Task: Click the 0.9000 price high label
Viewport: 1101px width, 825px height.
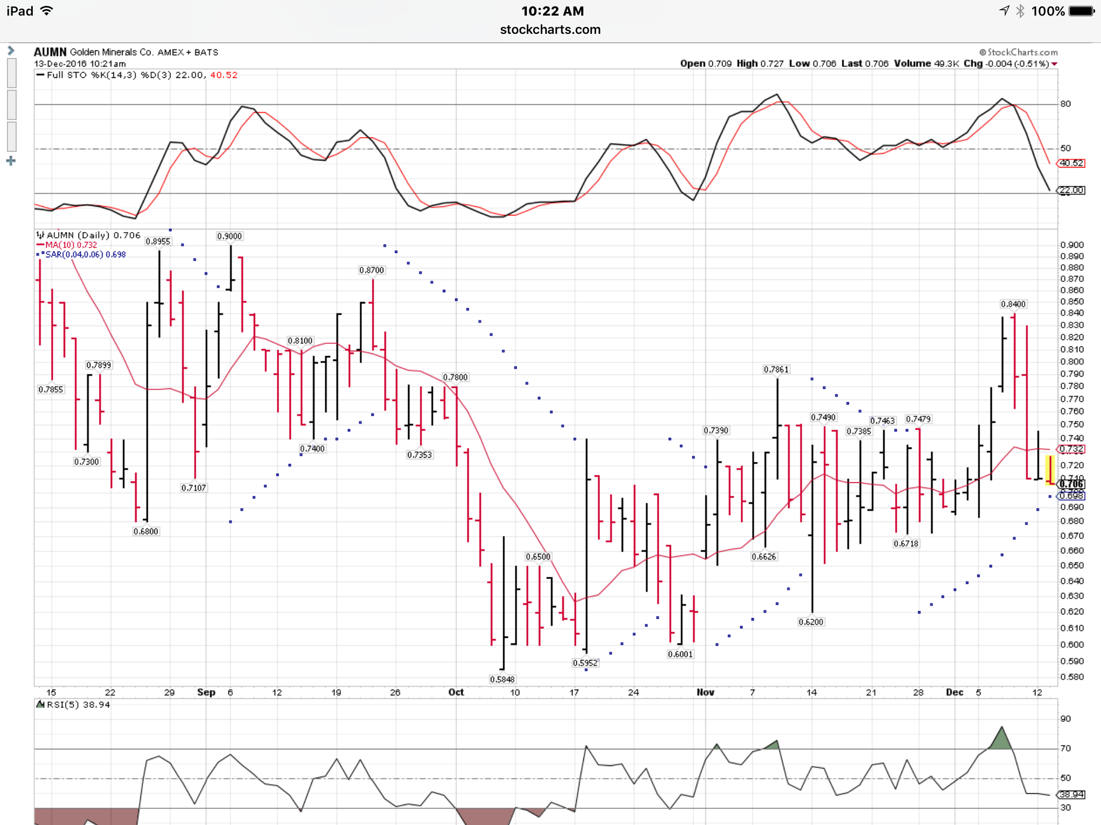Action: [230, 236]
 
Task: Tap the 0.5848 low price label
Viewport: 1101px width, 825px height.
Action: [502, 679]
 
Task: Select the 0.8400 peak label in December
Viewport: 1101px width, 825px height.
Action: [1013, 304]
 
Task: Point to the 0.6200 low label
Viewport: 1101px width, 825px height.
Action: [811, 622]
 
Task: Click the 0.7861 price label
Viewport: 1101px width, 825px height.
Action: [776, 370]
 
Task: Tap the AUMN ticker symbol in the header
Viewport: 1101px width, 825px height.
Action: [50, 52]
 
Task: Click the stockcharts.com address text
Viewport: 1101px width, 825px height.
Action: [550, 30]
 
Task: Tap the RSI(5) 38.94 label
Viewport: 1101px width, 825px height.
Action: [78, 705]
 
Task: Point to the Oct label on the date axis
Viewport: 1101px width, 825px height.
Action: [456, 692]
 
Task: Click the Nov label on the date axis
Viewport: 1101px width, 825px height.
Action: [705, 692]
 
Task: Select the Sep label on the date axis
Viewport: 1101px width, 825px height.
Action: [206, 692]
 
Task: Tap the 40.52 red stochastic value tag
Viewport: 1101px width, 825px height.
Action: [1071, 163]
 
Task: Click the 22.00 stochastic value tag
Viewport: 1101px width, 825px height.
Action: [1071, 190]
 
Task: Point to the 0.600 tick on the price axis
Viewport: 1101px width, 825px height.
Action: [1072, 645]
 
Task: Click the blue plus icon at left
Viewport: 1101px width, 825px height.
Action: [11, 161]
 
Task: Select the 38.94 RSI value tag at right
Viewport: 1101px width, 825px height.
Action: [1071, 794]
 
